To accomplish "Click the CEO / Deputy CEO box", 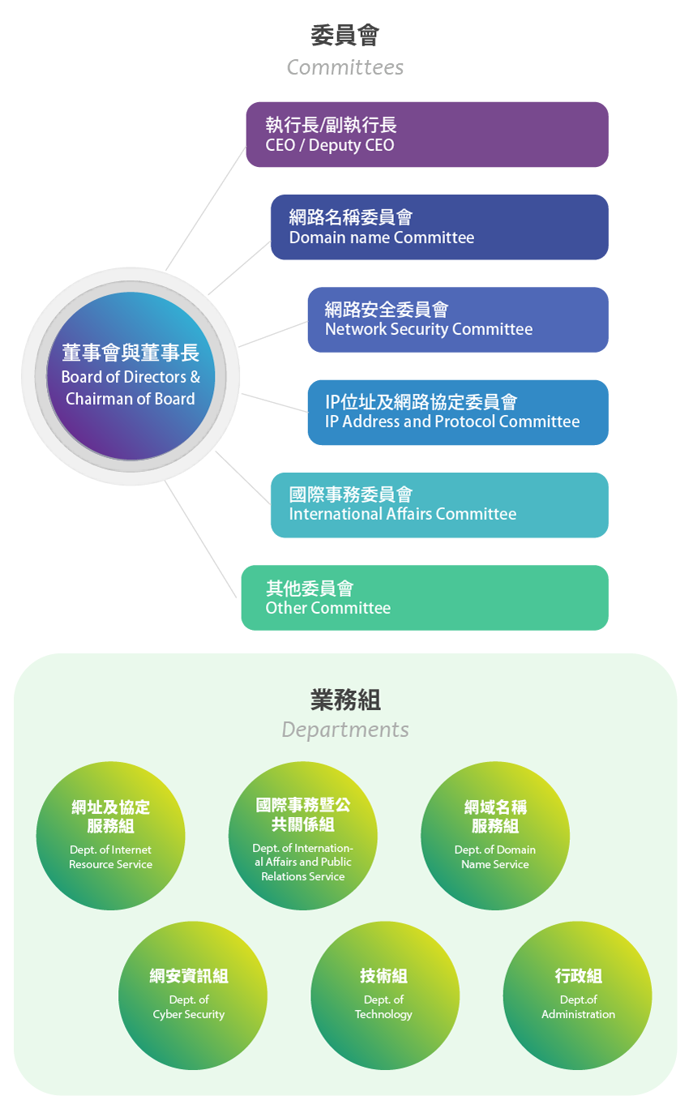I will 427,135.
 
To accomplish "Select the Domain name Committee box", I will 439,227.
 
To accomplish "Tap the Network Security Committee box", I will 458,319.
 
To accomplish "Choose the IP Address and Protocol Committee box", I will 458,412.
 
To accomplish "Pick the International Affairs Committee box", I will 439,505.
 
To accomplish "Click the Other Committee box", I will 425,597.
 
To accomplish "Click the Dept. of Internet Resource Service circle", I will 110,836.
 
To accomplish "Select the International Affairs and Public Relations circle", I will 303,836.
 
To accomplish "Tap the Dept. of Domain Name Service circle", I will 495,836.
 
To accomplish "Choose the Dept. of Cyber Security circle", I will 193,995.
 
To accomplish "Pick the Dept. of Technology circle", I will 385,995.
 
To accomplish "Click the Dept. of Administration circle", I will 577,995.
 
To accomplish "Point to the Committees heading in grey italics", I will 345,67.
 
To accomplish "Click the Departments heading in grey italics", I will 345,730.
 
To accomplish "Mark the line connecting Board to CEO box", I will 205,209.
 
